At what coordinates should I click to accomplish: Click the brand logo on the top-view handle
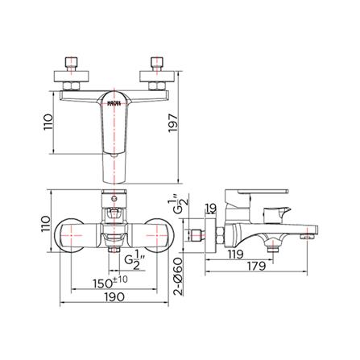(x=114, y=101)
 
